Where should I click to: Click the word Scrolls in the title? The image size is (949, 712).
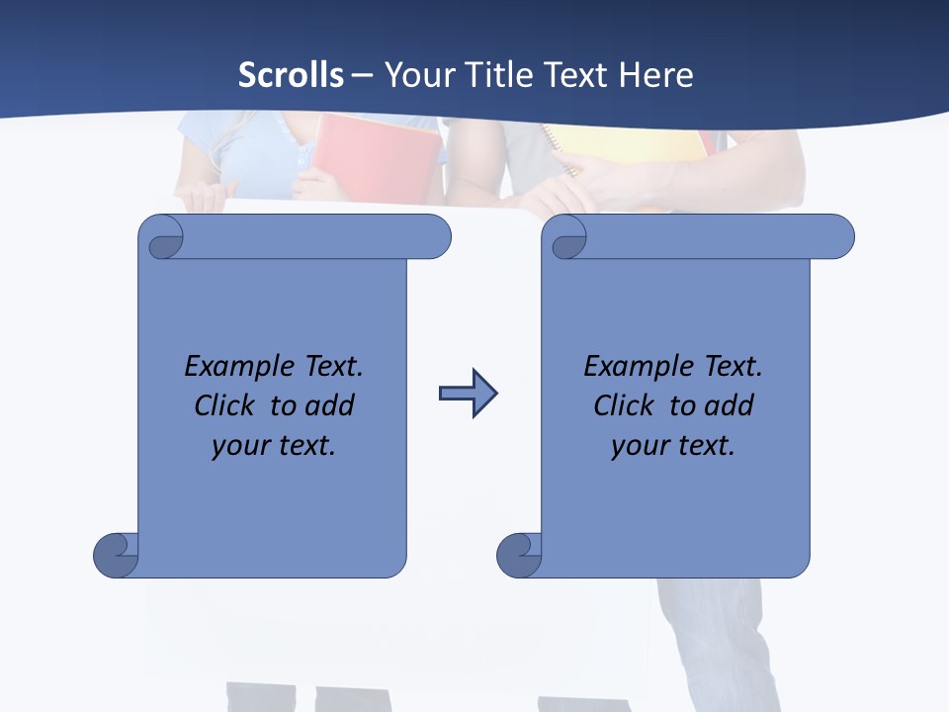coord(291,75)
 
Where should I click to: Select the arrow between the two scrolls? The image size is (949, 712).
coord(468,394)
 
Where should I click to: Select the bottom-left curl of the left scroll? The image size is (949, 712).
coord(115,555)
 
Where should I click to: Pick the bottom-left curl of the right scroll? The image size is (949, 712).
coord(518,555)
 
